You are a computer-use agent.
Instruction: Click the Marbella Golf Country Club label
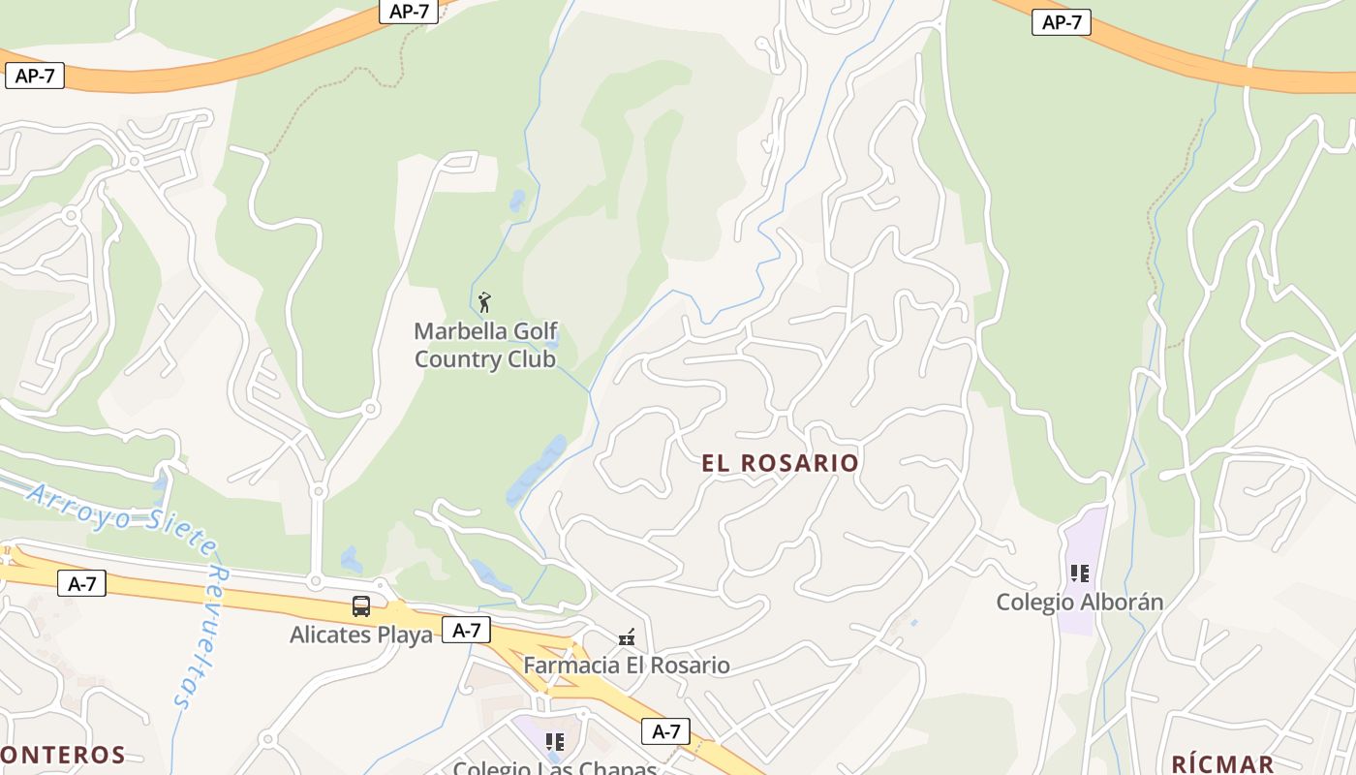(x=485, y=345)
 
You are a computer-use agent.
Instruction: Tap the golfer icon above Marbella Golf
(x=485, y=301)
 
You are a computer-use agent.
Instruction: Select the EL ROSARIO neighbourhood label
(x=781, y=463)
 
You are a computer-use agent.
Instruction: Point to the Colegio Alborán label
(x=1080, y=602)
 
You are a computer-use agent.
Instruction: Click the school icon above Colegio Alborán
(x=1080, y=573)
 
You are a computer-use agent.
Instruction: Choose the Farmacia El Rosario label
(x=627, y=666)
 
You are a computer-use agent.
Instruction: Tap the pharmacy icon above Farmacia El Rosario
(x=628, y=637)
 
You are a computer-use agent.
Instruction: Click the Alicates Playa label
(x=361, y=635)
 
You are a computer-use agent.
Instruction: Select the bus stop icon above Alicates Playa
(x=361, y=606)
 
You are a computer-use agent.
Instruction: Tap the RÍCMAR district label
(x=1222, y=763)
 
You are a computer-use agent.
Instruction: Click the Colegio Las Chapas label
(x=555, y=768)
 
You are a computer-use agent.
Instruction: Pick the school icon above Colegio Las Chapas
(x=555, y=742)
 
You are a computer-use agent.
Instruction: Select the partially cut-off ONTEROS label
(x=63, y=755)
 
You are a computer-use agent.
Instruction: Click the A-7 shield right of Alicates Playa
(x=467, y=630)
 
